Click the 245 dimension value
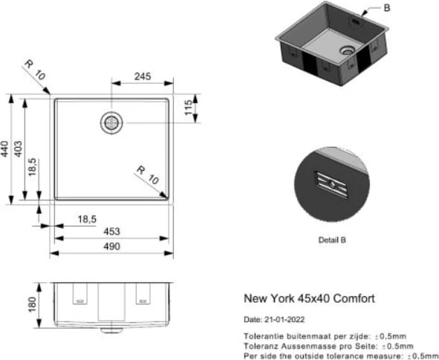(x=143, y=76)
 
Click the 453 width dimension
(x=112, y=232)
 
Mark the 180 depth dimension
(x=31, y=304)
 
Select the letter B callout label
(x=386, y=8)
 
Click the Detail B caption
(x=331, y=240)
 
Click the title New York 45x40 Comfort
(x=309, y=298)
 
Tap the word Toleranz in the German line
(x=261, y=345)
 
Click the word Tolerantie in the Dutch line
(x=263, y=336)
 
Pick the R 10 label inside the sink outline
(x=146, y=175)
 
